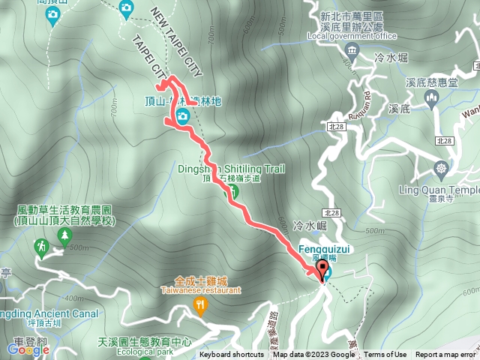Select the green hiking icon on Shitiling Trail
click(x=233, y=192)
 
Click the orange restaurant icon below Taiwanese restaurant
click(x=199, y=304)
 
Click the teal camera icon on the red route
click(x=182, y=116)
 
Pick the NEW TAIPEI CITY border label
click(x=177, y=41)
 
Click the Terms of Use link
click(x=385, y=355)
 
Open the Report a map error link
click(x=446, y=355)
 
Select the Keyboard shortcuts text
click(x=232, y=355)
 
